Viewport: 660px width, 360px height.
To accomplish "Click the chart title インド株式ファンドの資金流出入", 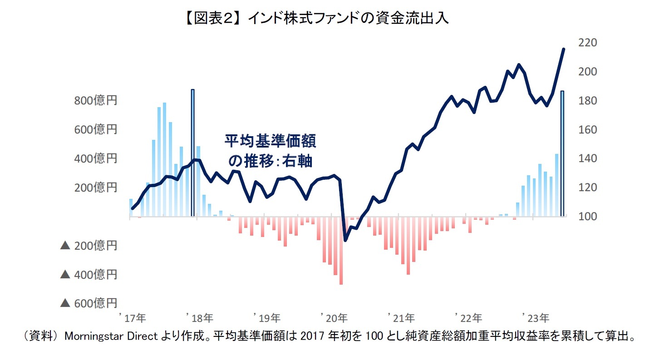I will [x=330, y=19].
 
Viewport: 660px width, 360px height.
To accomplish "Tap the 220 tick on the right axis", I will [x=587, y=43].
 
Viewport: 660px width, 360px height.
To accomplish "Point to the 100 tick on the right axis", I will [x=587, y=217].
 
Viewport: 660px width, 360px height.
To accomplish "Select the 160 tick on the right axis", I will [x=587, y=130].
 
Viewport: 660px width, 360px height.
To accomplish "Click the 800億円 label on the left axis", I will [x=95, y=101].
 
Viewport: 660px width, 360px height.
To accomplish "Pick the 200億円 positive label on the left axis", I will [x=95, y=187].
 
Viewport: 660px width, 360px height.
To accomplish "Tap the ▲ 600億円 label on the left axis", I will [x=89, y=303].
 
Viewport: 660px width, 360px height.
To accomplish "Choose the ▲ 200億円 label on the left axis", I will [x=89, y=246].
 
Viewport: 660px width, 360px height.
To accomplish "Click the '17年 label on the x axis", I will [x=132, y=316].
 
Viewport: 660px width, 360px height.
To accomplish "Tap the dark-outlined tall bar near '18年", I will [x=192, y=153].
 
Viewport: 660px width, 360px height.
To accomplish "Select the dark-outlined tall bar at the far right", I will [x=562, y=153].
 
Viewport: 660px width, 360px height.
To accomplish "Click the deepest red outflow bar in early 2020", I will [x=341, y=251].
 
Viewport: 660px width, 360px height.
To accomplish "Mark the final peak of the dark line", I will [x=563, y=49].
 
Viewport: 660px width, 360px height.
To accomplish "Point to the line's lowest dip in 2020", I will [x=345, y=240].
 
